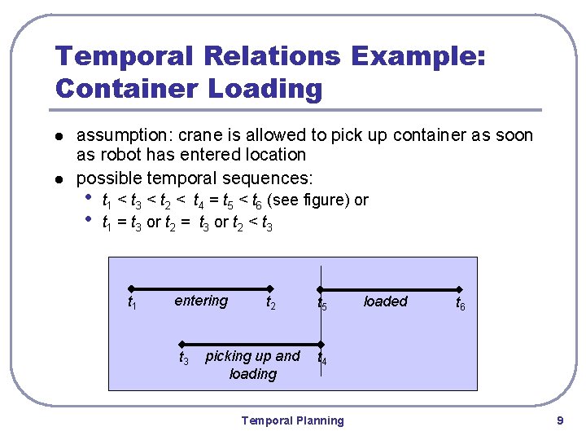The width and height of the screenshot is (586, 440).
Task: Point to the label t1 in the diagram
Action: (x=132, y=302)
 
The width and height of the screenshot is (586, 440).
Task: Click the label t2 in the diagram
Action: (x=271, y=302)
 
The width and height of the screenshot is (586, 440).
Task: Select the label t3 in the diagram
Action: (x=184, y=358)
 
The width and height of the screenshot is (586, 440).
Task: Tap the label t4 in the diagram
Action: (x=322, y=358)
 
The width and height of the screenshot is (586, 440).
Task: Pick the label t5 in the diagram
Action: (x=322, y=302)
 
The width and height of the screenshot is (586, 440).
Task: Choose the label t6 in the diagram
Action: (x=461, y=302)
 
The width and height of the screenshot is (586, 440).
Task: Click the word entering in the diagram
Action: (x=201, y=301)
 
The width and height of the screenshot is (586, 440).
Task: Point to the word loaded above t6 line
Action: (x=385, y=301)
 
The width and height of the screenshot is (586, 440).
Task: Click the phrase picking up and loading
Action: (x=252, y=365)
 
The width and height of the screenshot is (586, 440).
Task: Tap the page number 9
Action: (x=560, y=420)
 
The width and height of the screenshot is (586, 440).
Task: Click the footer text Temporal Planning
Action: (x=292, y=420)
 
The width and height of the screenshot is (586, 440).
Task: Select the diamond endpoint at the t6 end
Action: (x=460, y=288)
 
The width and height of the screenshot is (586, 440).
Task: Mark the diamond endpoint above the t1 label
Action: (x=131, y=288)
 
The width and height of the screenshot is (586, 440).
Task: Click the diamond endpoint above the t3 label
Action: (x=183, y=343)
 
